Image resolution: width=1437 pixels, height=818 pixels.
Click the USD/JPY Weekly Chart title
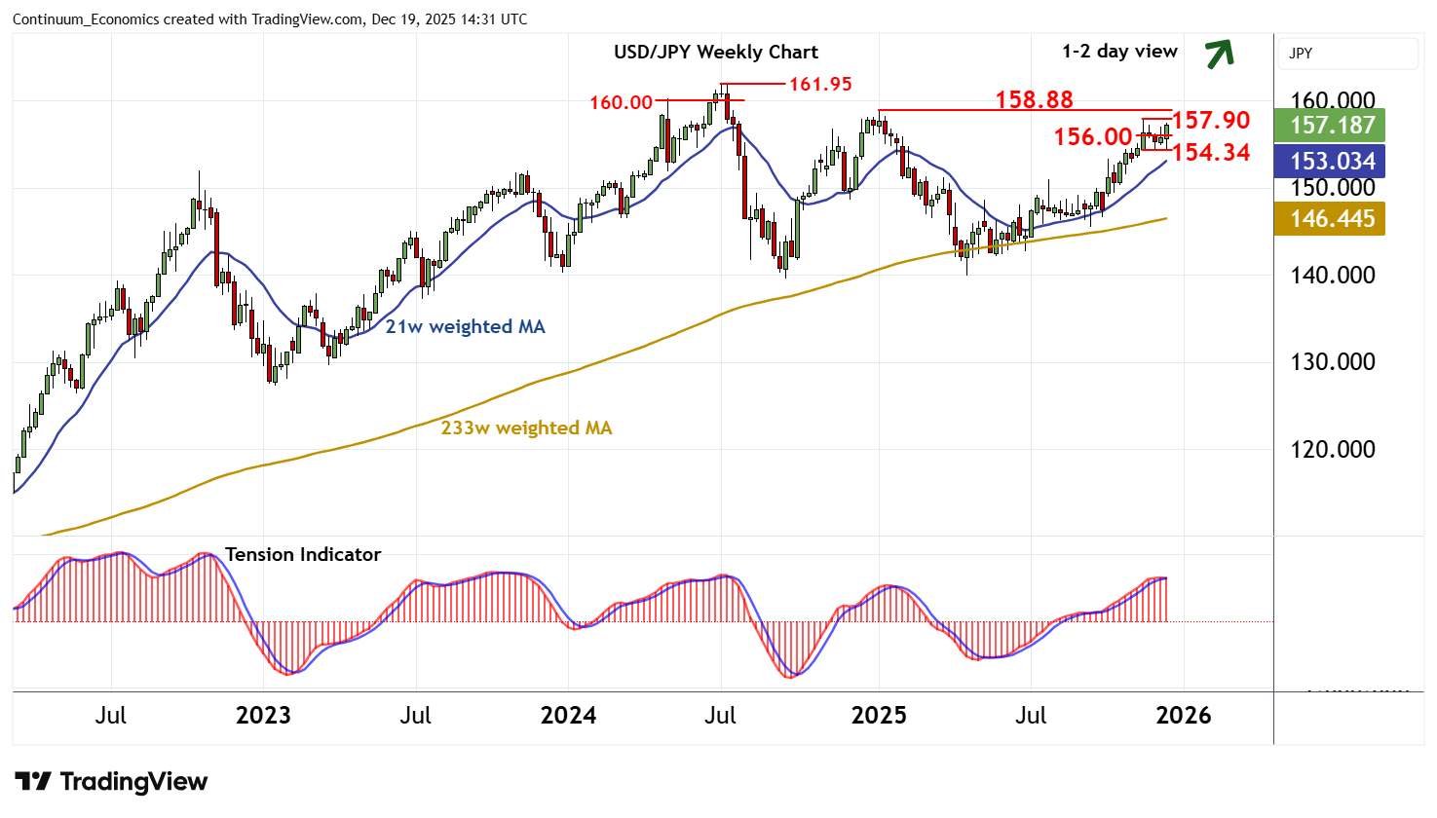point(716,53)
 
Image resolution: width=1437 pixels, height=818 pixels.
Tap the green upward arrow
point(1220,54)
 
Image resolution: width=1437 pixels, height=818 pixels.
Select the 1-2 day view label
point(1119,52)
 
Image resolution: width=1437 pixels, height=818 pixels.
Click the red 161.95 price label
point(820,85)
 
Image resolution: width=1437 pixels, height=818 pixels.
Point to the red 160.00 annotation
point(621,102)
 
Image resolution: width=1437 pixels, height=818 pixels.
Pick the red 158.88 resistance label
point(1034,99)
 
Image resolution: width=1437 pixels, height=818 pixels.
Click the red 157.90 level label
point(1211,120)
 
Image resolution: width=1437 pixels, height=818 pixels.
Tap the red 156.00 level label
point(1093,137)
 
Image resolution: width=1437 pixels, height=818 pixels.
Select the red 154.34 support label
point(1211,152)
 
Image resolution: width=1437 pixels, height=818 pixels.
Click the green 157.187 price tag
point(1332,126)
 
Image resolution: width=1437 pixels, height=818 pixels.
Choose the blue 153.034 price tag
point(1332,162)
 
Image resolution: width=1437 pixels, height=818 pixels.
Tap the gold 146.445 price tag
point(1332,219)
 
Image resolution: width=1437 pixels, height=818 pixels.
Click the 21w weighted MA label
point(465,327)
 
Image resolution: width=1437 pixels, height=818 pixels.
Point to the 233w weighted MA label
point(526,428)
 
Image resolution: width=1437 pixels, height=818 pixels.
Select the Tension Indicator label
point(303,554)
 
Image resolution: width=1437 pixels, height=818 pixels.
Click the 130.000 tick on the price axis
point(1332,362)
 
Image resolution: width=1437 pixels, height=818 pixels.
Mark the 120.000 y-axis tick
point(1332,450)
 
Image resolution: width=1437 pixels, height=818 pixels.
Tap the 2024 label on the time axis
point(568,716)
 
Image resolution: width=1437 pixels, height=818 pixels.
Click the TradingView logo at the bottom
point(112,782)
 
